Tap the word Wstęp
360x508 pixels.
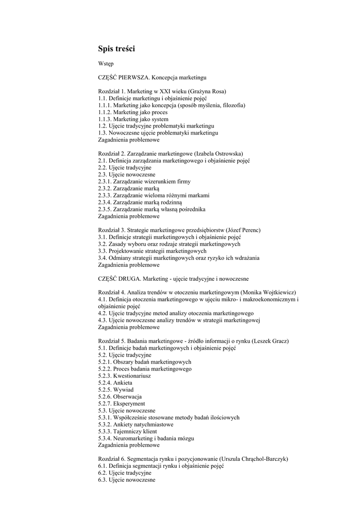pos(106,64)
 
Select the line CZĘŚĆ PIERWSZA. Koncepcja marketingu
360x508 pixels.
pos(152,78)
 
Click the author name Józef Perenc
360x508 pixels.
pos(243,230)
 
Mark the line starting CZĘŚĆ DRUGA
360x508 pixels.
pos(173,279)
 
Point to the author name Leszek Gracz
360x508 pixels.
pos(270,341)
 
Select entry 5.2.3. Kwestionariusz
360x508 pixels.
pos(125,376)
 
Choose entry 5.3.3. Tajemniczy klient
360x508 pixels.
pos(128,432)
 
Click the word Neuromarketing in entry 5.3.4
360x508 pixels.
pos(135,439)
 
